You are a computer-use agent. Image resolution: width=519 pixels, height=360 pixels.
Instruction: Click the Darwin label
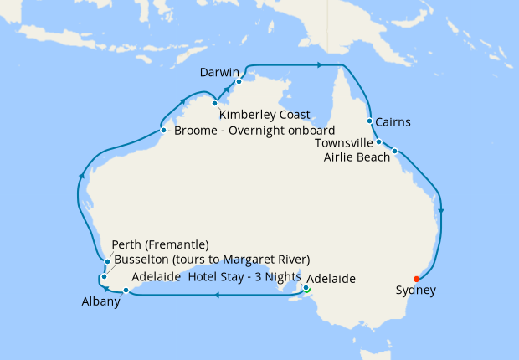[220, 73]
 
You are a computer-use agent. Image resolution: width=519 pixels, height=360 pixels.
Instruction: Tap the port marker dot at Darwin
[239, 81]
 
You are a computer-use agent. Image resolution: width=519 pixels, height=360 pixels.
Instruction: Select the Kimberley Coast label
[265, 115]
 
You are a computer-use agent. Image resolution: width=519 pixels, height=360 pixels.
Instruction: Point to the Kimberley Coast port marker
[215, 103]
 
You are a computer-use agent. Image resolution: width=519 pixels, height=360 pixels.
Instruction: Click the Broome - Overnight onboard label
[254, 131]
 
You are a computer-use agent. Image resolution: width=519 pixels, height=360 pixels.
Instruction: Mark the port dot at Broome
[163, 130]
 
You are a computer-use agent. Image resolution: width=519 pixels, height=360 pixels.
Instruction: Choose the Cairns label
[393, 122]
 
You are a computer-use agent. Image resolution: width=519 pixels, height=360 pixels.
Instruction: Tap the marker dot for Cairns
[369, 121]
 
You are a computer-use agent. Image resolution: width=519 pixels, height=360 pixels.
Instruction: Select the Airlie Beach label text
[357, 157]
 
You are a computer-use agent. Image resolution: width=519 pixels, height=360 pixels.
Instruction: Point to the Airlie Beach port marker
[395, 152]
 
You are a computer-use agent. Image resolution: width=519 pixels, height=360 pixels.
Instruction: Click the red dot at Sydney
[417, 279]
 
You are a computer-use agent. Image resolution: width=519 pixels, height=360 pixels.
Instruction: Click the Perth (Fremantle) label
[160, 245]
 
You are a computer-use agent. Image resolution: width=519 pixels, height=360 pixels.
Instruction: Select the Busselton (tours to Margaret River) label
[211, 259]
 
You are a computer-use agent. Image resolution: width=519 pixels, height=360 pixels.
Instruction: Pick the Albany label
[100, 302]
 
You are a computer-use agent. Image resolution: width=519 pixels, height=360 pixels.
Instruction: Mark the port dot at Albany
[126, 291]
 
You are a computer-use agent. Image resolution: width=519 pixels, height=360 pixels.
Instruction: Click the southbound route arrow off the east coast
[441, 211]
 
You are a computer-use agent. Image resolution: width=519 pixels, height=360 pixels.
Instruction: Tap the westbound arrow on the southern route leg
[217, 295]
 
